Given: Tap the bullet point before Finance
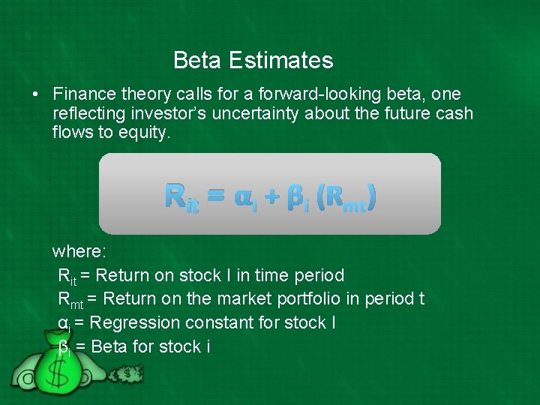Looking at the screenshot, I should point(35,94).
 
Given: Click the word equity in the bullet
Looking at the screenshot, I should point(146,132).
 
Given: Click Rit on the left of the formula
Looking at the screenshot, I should point(181,197).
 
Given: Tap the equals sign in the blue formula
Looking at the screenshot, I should point(215,196).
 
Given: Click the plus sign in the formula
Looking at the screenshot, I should point(271,196).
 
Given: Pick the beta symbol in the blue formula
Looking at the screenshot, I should point(296,198).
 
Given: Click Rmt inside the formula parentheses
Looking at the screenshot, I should point(346,198).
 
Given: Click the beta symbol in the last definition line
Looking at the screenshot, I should point(64,346).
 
